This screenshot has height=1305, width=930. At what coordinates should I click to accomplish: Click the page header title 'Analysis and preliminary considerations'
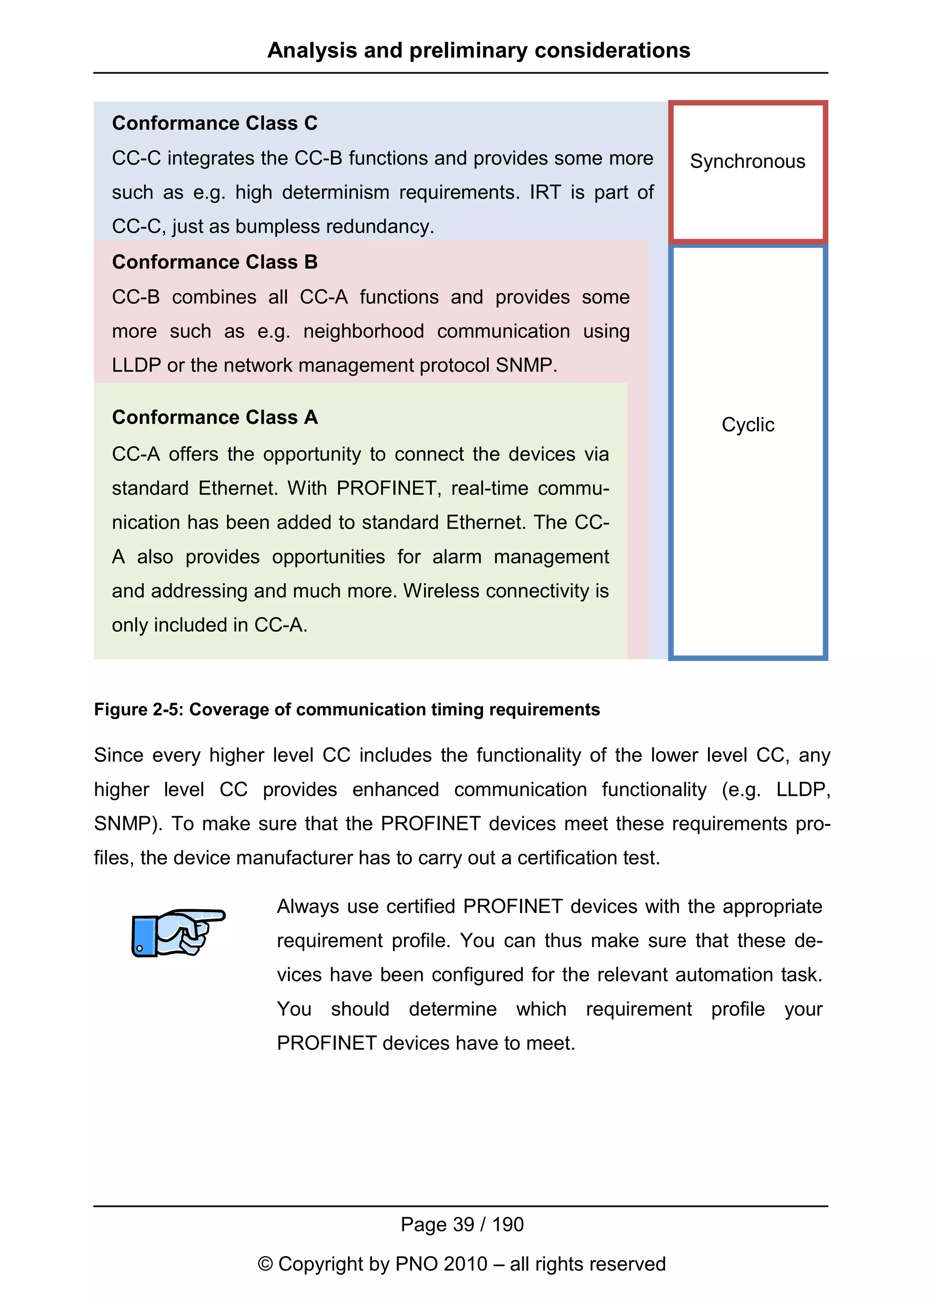(x=479, y=50)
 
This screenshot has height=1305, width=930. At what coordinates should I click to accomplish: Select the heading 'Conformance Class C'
(x=215, y=123)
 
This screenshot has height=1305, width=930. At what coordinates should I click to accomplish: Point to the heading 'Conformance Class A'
(x=215, y=417)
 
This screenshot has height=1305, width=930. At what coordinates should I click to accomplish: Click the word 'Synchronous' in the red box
(x=747, y=162)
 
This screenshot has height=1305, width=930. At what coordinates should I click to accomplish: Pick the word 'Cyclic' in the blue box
(x=747, y=425)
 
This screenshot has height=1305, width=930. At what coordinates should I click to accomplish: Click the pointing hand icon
(x=178, y=932)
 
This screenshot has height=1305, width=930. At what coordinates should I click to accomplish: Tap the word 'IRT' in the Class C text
(x=546, y=193)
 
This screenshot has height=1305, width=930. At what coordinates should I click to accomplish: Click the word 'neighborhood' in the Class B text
(x=364, y=331)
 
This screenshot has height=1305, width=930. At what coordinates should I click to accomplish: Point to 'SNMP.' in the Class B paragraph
(x=526, y=366)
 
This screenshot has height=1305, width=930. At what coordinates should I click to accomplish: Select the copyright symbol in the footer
(x=265, y=1264)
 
